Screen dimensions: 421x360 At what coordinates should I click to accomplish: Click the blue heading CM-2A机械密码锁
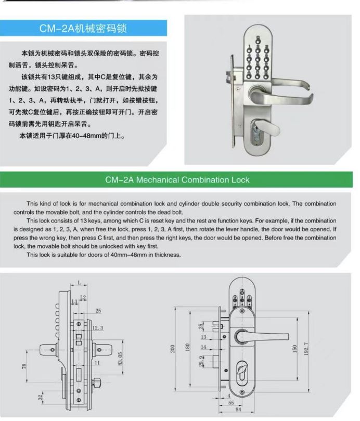83,28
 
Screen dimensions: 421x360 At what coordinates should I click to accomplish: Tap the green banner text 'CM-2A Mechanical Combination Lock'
177,180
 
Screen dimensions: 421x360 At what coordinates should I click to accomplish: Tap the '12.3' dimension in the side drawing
98,328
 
